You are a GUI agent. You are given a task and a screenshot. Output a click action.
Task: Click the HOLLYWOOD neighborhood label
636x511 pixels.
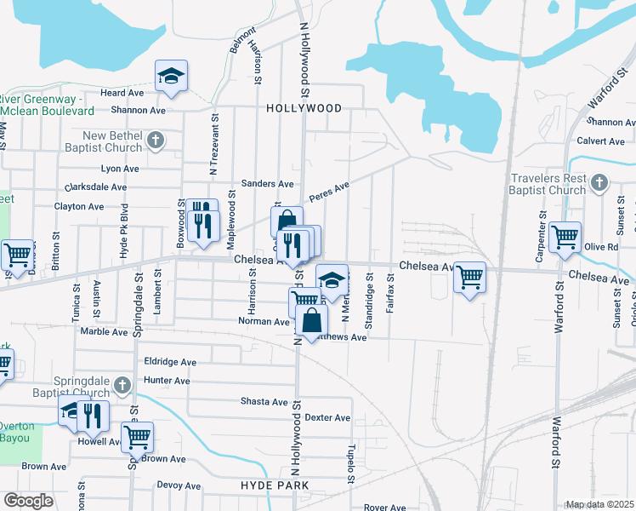[304, 108]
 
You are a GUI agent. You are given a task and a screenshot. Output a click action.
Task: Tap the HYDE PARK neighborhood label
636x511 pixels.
[274, 485]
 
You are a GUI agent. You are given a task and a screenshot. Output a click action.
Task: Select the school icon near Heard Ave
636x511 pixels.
[171, 76]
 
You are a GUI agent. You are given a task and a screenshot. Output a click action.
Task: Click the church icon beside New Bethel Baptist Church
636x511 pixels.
[154, 140]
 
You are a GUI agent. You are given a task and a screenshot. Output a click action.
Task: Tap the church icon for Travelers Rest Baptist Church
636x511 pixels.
[599, 182]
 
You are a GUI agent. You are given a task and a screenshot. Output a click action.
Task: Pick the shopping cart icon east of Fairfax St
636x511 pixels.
[469, 277]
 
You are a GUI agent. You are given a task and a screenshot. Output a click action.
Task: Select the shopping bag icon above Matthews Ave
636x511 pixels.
[312, 321]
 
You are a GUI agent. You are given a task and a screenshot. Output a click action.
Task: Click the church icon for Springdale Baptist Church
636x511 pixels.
[122, 385]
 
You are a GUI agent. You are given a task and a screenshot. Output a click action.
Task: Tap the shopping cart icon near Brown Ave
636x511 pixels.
[137, 438]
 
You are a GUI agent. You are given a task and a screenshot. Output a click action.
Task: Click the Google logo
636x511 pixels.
[28, 501]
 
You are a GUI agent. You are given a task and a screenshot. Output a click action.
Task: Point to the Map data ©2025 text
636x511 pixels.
[599, 504]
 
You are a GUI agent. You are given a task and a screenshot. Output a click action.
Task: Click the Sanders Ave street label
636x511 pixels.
[267, 183]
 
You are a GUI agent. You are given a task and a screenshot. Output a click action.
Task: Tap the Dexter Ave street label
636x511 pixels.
[327, 417]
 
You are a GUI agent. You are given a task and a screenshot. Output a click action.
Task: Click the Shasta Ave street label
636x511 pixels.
[264, 401]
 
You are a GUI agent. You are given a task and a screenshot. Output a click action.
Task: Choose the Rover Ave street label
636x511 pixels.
[384, 508]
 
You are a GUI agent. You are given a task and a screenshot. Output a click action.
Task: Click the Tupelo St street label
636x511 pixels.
[349, 463]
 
